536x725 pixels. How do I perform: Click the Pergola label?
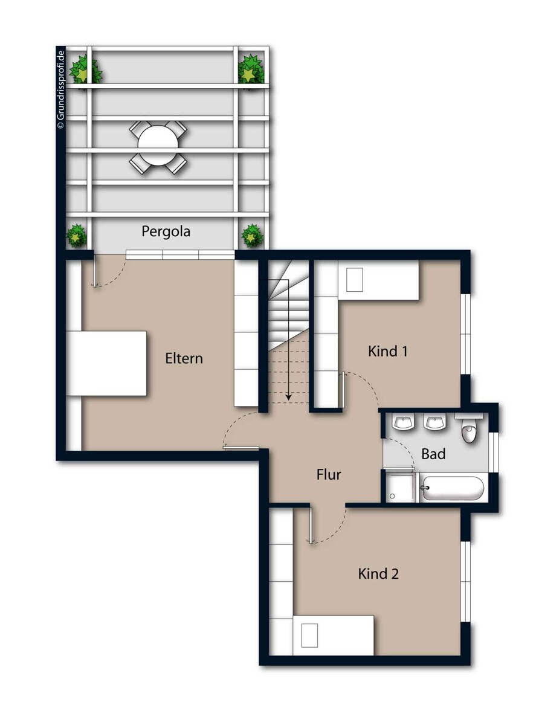coord(166,232)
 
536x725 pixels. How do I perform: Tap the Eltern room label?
coord(184,359)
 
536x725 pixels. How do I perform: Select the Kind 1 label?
coord(388,352)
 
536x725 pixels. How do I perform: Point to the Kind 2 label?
coord(378,574)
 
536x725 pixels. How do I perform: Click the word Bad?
coord(433,454)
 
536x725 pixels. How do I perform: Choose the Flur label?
coord(329,474)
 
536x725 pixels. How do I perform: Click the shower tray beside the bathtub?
coord(400,488)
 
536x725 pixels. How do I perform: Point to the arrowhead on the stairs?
coord(288,397)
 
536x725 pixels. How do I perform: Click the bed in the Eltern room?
coord(106,364)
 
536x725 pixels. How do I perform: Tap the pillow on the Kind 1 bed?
coord(355,280)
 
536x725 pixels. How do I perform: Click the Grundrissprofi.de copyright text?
coord(61,89)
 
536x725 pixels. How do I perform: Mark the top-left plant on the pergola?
coord(85,71)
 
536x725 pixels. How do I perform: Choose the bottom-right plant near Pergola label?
coord(252,236)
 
